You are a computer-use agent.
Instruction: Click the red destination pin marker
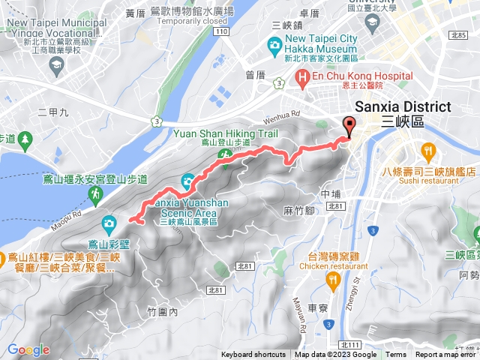[x=349, y=126]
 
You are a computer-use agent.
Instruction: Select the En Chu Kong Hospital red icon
[x=303, y=76]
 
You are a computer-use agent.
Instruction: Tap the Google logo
[x=28, y=350]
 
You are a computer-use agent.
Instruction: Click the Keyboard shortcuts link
[x=253, y=355]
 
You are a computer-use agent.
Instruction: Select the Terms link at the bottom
[x=396, y=355]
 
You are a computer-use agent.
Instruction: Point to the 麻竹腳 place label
[x=298, y=211]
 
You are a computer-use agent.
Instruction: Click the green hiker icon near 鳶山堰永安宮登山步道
[x=97, y=196]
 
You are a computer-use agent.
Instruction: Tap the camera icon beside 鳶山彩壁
[x=109, y=223]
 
